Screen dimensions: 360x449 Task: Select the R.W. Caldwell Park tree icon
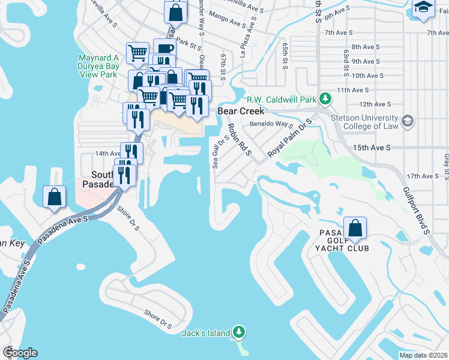(325, 98)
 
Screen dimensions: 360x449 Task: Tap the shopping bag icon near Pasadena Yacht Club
(355, 228)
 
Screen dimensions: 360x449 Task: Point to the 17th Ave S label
(423, 176)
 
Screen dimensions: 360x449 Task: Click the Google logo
(19, 353)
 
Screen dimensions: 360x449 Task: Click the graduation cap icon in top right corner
(423, 8)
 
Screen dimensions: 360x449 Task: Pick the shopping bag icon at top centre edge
(176, 10)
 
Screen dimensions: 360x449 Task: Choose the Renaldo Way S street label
(271, 125)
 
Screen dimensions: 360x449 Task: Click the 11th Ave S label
(352, 89)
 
